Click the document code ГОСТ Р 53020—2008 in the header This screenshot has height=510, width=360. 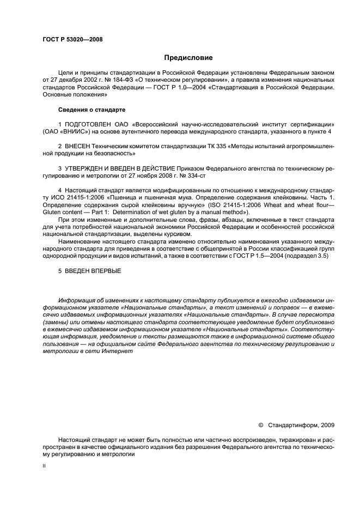pos(72,39)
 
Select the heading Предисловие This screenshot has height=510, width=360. pos(187,57)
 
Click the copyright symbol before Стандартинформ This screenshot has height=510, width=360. pos(260,425)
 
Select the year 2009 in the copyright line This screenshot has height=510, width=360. pos(328,425)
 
